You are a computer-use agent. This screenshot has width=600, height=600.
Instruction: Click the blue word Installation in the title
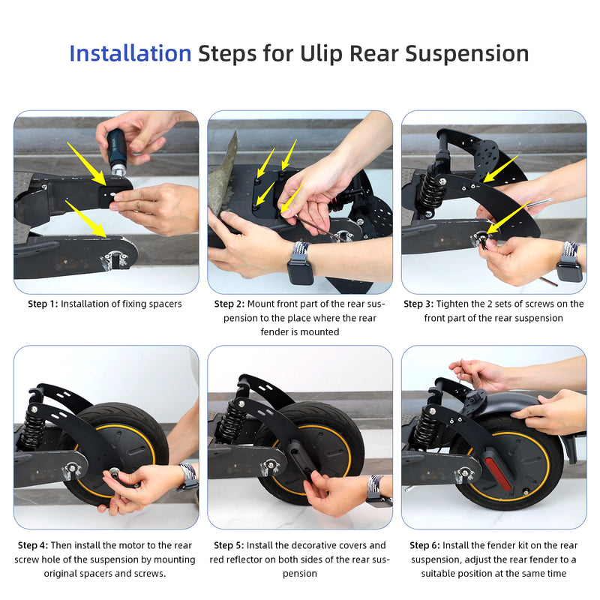pos(130,53)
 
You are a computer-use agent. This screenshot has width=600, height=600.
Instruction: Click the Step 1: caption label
pos(43,304)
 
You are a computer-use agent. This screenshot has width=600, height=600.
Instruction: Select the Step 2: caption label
pos(229,304)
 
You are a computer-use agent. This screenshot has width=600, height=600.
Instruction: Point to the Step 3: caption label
pos(418,304)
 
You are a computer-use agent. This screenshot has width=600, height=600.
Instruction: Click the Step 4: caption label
pos(33,545)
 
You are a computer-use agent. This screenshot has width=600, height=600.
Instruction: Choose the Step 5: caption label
pos(229,545)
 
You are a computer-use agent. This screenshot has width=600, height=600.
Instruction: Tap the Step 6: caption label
pos(424,545)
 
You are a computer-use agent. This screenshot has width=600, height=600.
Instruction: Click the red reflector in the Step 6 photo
pos(498,472)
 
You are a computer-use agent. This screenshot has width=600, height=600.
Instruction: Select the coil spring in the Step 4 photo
pos(30,428)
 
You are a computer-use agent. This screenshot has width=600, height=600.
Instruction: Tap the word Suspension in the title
pos(466,54)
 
